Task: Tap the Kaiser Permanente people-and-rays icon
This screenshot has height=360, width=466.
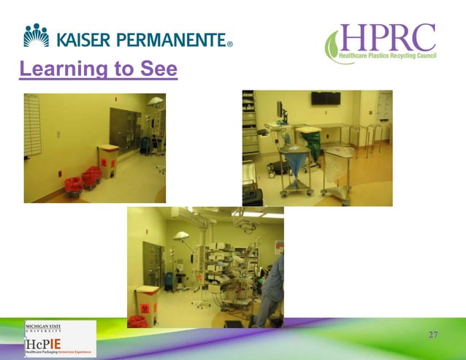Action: click(x=36, y=34)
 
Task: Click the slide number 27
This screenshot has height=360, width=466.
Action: click(x=433, y=334)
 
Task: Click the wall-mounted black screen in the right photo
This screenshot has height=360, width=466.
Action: click(x=325, y=99)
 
